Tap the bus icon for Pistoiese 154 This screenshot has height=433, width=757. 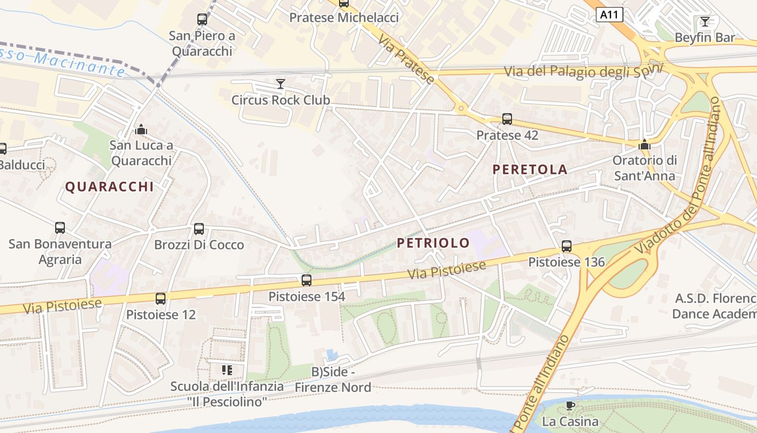307,280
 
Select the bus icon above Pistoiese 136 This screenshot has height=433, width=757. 566,246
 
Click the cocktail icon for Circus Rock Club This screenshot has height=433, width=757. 280,84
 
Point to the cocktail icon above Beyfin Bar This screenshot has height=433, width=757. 705,22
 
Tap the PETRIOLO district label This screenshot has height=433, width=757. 433,243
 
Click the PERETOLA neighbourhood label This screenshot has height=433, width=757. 530,169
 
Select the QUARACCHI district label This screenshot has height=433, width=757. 109,187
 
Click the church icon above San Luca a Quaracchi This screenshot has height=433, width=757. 141,129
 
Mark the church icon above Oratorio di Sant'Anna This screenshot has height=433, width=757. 644,145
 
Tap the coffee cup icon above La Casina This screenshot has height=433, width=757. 570,405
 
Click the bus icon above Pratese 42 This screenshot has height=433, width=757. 507,119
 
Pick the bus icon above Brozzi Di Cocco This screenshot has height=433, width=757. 199,229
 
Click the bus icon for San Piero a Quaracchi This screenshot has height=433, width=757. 202,20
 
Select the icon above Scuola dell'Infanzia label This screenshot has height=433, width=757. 227,370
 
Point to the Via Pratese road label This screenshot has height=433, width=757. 406,60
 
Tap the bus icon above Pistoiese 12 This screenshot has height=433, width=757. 161,299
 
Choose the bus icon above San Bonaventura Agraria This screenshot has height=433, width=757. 60,228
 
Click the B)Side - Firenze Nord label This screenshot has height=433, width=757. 333,379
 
